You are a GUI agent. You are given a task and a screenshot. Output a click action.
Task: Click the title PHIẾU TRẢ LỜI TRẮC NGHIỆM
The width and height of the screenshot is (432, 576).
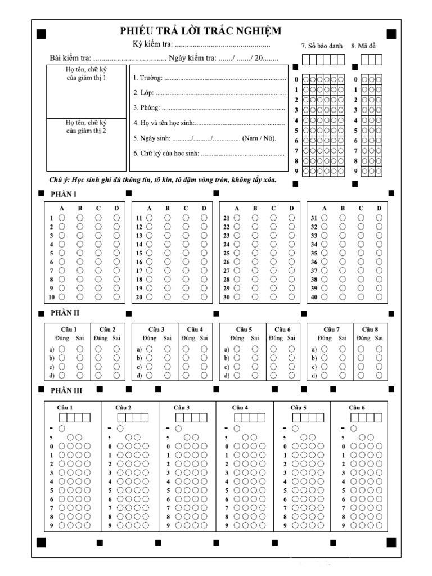point(200,30)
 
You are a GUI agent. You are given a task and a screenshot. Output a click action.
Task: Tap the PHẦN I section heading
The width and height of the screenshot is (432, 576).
point(64,194)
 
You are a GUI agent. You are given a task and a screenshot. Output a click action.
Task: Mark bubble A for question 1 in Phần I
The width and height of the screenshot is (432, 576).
point(62,218)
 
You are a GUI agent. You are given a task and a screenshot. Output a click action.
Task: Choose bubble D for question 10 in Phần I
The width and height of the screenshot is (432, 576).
point(116,296)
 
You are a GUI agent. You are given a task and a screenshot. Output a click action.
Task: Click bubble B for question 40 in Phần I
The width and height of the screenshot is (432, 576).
point(343,296)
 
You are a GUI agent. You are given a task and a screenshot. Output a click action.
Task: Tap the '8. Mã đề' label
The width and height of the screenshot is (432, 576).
point(363,46)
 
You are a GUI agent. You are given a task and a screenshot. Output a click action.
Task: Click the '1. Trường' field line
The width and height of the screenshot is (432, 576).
point(209,78)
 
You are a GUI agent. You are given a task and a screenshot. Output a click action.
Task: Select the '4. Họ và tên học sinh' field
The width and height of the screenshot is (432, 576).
point(209,123)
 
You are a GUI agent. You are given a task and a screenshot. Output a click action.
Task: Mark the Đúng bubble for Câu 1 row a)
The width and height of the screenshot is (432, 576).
point(62,349)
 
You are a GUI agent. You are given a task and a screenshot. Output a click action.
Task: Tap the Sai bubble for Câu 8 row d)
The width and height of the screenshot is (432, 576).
point(379,375)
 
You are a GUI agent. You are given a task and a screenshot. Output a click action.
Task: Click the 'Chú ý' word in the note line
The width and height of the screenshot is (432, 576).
point(58,180)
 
